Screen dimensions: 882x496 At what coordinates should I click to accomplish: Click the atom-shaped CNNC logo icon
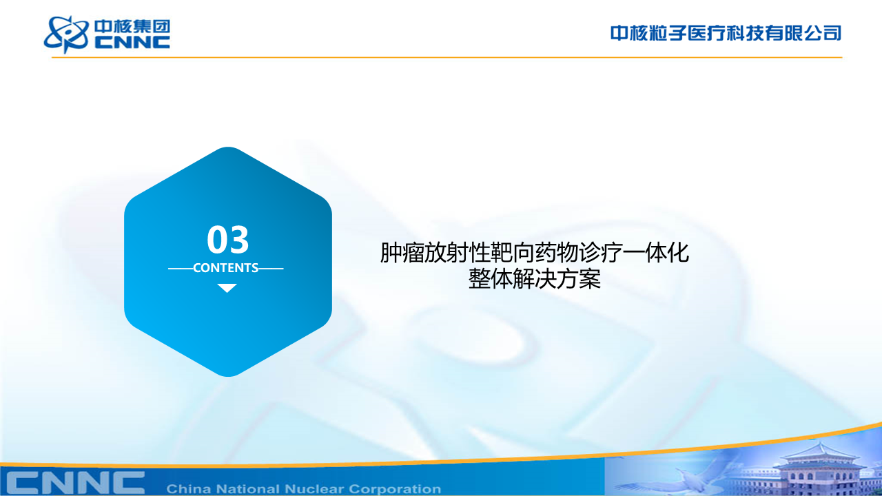[x=65, y=34]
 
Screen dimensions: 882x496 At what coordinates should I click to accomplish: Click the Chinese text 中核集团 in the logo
[x=132, y=27]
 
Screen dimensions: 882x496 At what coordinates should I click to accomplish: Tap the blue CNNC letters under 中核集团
[x=132, y=43]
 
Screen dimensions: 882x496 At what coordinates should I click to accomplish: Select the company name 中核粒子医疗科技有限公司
[x=726, y=33]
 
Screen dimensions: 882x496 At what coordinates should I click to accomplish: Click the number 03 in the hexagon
[x=228, y=239]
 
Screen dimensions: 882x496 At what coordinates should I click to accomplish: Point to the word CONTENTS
[x=225, y=268]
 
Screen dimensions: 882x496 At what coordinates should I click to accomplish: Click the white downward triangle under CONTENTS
[x=227, y=288]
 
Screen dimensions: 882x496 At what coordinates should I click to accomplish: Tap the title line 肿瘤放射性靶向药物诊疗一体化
[x=534, y=252]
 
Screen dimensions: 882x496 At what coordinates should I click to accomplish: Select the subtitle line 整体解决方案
[x=534, y=279]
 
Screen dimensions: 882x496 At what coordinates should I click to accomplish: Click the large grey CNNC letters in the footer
[x=76, y=483]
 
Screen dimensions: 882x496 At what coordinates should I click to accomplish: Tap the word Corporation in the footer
[x=395, y=489]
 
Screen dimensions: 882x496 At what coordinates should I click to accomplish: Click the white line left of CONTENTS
[x=181, y=269]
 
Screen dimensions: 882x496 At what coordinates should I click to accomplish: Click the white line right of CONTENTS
[x=271, y=269]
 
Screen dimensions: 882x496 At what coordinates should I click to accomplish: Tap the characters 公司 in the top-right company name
[x=823, y=33]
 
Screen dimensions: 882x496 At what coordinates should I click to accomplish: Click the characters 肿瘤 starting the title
[x=402, y=252]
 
